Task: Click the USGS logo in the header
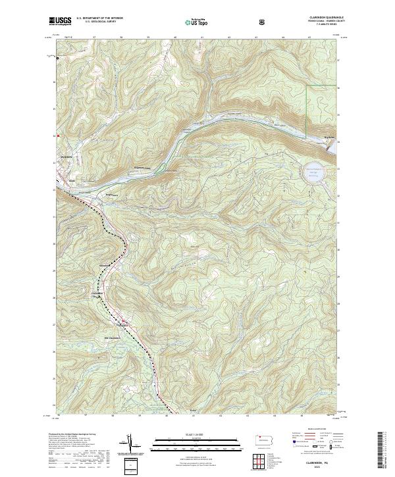59,21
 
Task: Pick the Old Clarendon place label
115,339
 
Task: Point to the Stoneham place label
103,266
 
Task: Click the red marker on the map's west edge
59,136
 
